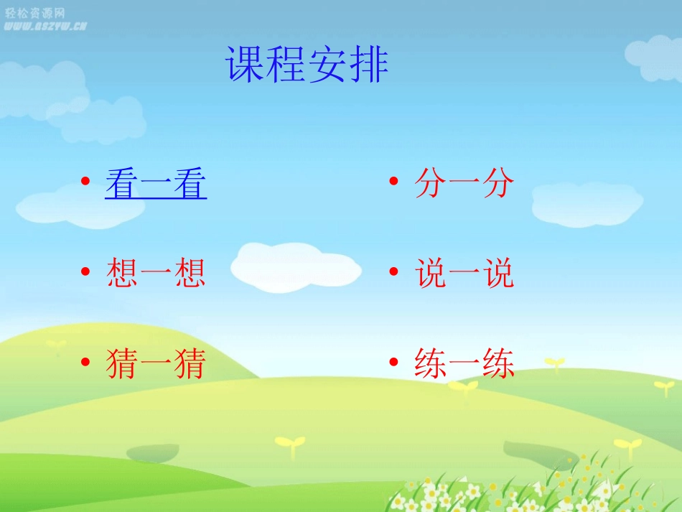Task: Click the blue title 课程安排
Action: coord(307,65)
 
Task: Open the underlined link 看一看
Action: coord(156,184)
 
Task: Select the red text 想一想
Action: coord(156,274)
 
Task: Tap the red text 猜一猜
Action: coord(156,363)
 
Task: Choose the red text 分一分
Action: coord(464,184)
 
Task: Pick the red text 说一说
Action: coord(464,274)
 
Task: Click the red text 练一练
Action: coord(464,363)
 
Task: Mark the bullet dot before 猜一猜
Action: coord(85,362)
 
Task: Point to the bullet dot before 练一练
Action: coord(393,362)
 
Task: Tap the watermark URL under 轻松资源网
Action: coord(45,26)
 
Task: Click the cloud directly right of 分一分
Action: coord(587,203)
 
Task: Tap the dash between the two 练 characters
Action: coord(464,365)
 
